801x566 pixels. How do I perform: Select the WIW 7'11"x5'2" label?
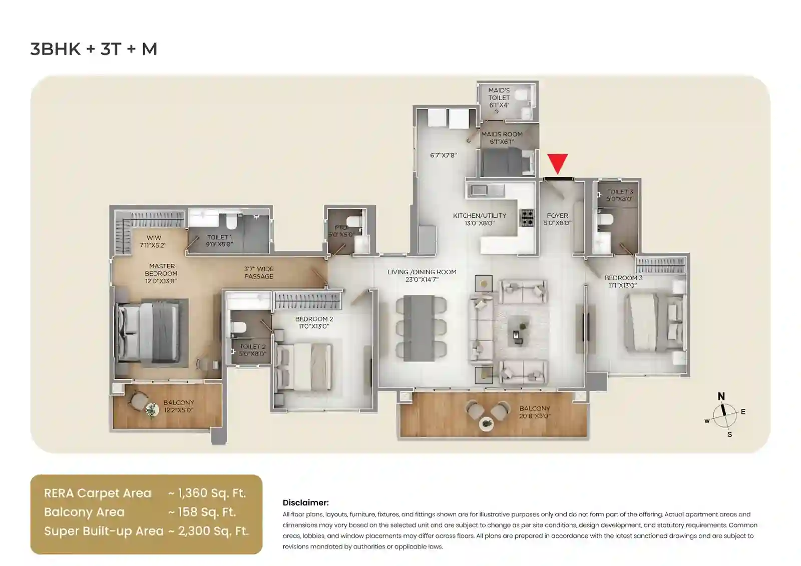click(x=153, y=242)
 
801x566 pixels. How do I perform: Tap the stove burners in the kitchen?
click(x=527, y=218)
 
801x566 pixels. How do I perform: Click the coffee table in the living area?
click(x=518, y=333)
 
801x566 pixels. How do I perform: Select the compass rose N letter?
click(x=721, y=396)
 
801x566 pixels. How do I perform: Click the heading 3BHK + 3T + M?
click(x=94, y=49)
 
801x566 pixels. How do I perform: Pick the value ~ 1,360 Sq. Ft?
click(x=207, y=493)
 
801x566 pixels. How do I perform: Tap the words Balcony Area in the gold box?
click(x=84, y=512)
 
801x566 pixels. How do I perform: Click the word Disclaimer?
click(x=305, y=502)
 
